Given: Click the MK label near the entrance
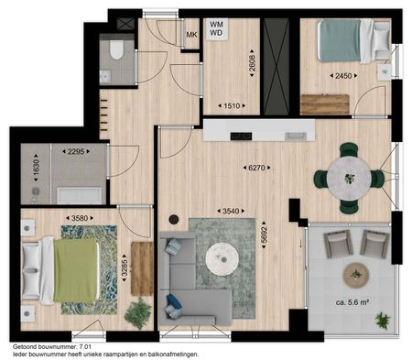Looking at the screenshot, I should [191, 36].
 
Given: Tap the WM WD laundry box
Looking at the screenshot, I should [217, 29].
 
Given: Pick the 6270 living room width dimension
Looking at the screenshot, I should [255, 168].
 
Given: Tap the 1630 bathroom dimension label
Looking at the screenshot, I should [38, 170].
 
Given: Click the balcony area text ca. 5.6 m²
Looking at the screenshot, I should [352, 303].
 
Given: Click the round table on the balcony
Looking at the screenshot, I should [354, 273].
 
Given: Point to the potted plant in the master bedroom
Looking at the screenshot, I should [137, 313].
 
